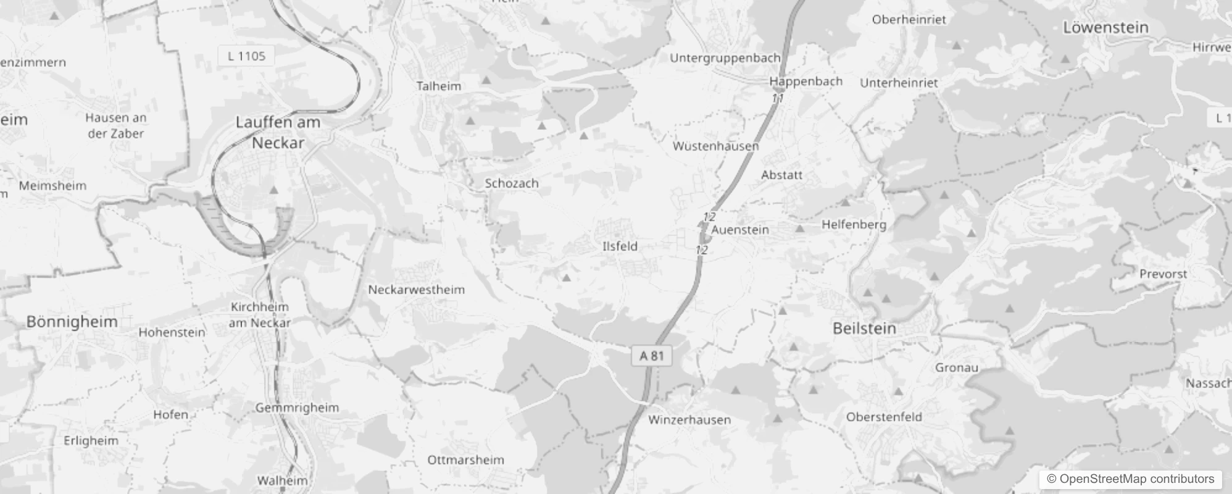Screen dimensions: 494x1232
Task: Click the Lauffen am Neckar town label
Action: click(x=278, y=133)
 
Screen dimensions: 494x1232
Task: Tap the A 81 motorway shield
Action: click(x=652, y=356)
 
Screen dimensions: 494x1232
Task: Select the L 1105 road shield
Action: click(x=246, y=56)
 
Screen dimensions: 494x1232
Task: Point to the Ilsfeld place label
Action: click(x=620, y=246)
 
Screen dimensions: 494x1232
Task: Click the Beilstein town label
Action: click(x=864, y=329)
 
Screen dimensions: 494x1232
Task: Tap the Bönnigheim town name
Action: click(x=72, y=322)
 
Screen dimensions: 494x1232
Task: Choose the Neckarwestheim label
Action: click(x=416, y=290)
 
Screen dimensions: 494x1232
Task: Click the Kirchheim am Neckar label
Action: click(x=259, y=315)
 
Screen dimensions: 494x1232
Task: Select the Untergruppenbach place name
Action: click(x=725, y=58)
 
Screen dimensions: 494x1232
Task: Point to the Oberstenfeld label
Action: click(x=884, y=417)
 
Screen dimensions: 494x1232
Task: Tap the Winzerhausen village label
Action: click(x=689, y=420)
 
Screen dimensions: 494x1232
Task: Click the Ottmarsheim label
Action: click(x=465, y=460)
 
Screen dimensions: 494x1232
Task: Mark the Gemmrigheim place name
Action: click(x=297, y=408)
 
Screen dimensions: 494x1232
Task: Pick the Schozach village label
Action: click(x=512, y=183)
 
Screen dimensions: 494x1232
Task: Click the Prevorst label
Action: click(x=1163, y=274)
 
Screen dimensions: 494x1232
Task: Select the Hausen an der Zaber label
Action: click(x=115, y=125)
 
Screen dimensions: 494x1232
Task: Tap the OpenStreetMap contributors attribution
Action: click(x=1130, y=479)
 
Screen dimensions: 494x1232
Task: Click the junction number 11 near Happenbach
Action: click(x=777, y=98)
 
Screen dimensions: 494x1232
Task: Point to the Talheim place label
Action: click(x=438, y=86)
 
